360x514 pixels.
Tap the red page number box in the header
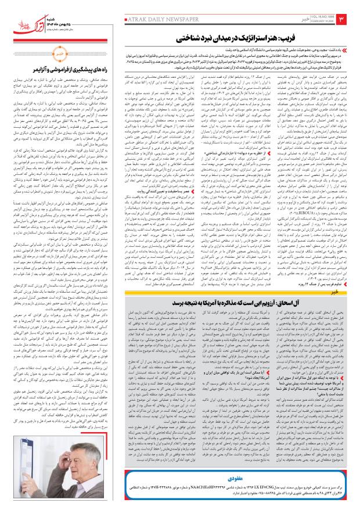pyautogui.click(x=343, y=23)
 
